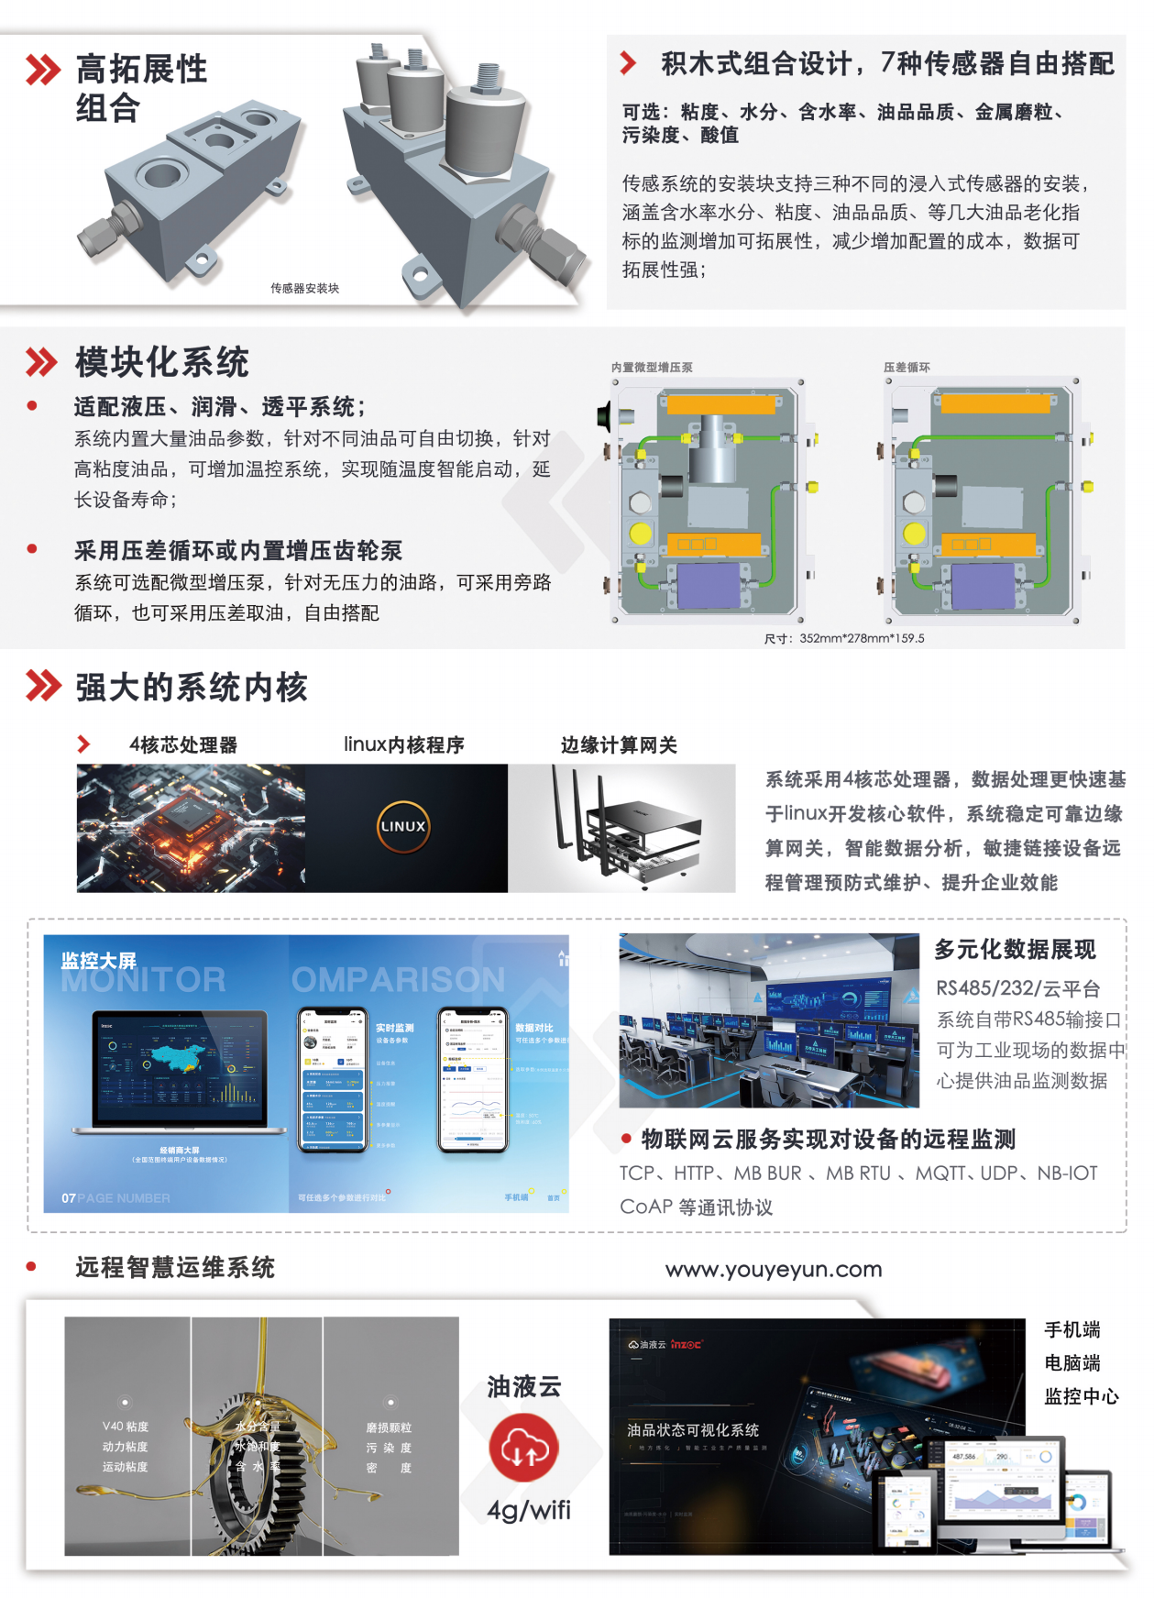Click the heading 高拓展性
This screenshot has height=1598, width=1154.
(x=141, y=69)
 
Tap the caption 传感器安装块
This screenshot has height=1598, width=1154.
(x=304, y=288)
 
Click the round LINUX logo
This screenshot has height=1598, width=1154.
(x=403, y=826)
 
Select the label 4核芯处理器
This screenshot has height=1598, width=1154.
(x=183, y=744)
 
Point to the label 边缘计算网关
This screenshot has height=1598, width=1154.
(x=619, y=744)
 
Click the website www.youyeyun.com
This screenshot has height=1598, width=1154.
(x=774, y=1269)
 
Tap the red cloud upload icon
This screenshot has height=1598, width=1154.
(x=523, y=1448)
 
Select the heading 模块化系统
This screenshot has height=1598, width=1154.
(x=162, y=362)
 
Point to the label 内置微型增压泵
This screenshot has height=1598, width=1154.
(x=652, y=367)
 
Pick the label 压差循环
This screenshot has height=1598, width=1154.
(x=907, y=367)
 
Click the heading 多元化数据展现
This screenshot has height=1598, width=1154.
(x=1015, y=949)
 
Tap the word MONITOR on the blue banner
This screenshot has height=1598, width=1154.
(x=143, y=980)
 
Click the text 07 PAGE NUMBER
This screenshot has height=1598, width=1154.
(x=115, y=1197)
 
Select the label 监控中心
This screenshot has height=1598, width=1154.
(x=1082, y=1396)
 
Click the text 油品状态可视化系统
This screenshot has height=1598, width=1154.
(x=693, y=1429)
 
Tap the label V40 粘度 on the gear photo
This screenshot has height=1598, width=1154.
(x=126, y=1427)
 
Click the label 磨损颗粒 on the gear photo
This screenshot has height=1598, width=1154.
(x=389, y=1427)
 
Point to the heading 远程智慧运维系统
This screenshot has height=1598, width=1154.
(x=175, y=1267)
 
